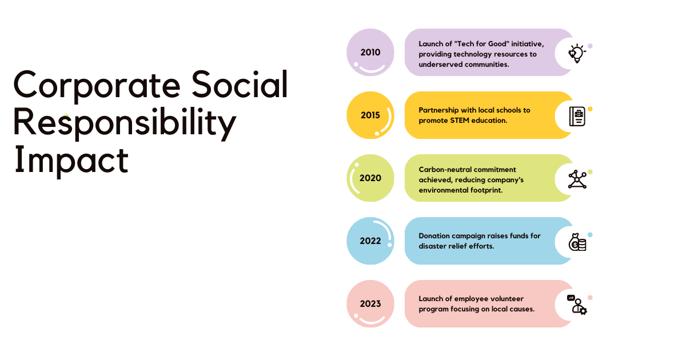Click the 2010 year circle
coord(370,52)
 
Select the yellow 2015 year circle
coord(370,115)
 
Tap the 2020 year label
coord(370,178)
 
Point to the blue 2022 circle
coord(370,241)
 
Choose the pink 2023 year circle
coord(370,303)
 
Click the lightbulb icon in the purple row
coord(576,53)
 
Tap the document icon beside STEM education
coord(577,116)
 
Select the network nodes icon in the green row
coord(577,179)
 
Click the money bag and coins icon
coord(577,242)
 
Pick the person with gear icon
coord(578,306)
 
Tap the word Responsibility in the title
coord(124,123)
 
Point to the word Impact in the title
coord(71,161)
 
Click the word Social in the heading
coord(240,85)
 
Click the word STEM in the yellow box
coord(465,121)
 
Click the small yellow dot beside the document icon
coord(590,109)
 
